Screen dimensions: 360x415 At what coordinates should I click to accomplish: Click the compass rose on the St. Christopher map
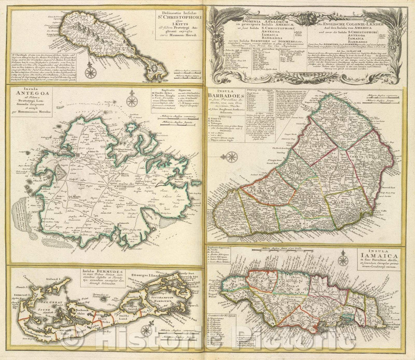[91, 72]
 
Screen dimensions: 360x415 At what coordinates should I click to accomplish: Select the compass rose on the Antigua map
[132, 101]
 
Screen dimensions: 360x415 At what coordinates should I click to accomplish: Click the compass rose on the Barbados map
[231, 157]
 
